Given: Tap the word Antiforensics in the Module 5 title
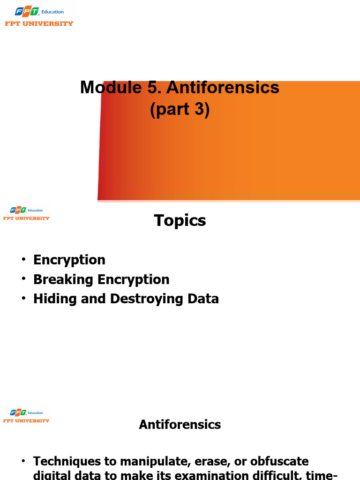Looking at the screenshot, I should [x=223, y=88].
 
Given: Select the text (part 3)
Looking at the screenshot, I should [x=180, y=109].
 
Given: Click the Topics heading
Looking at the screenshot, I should [x=180, y=220].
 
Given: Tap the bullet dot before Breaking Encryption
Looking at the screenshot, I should [x=23, y=280].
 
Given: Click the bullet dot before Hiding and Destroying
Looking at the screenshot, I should [x=23, y=299].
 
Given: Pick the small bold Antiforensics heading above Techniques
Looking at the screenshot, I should [x=180, y=425].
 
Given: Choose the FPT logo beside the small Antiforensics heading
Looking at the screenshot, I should [x=26, y=416].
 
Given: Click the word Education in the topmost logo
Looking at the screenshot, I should [x=52, y=12].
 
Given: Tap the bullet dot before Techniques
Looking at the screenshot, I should [x=23, y=462].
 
